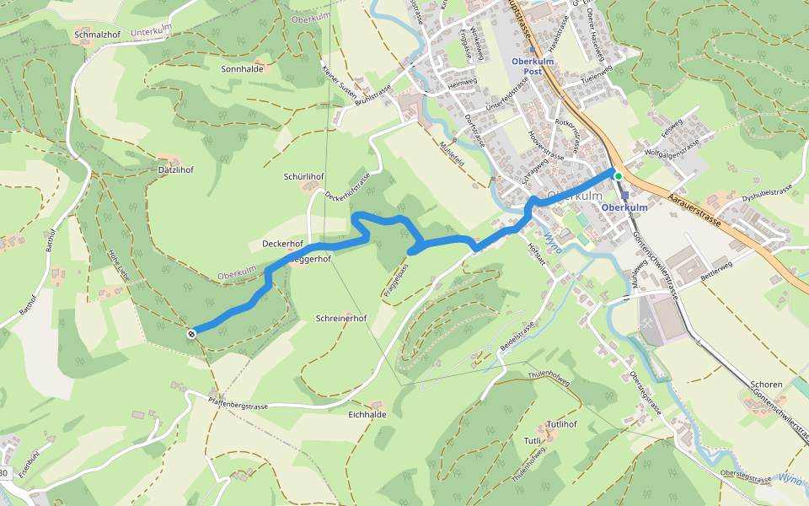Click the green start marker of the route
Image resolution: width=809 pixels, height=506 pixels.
[618, 175]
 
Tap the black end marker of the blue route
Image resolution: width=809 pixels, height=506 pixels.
[192, 334]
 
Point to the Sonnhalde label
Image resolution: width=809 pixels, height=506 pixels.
[242, 69]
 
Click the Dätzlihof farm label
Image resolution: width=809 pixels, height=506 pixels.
[176, 170]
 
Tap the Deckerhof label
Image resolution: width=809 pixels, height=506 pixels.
[282, 244]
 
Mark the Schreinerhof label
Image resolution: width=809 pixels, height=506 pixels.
[340, 319]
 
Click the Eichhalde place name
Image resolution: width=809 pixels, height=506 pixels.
[367, 414]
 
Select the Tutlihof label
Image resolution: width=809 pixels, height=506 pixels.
[560, 423]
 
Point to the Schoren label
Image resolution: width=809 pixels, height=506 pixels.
[766, 385]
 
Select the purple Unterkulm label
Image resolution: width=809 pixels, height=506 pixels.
[151, 32]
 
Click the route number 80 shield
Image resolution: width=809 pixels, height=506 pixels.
[4, 472]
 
